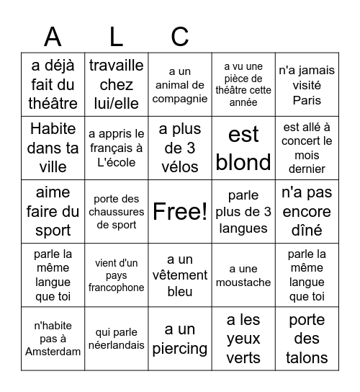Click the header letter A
[53, 36]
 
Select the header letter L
[116, 36]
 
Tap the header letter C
[179, 36]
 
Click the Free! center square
[180, 211]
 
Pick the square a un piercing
[180, 339]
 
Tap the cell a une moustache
[243, 275]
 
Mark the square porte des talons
[307, 339]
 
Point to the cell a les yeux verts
[243, 339]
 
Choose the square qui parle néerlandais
[117, 339]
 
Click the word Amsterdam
[53, 352]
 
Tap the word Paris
[307, 100]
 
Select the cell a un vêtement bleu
[180, 275]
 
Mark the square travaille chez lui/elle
[117, 84]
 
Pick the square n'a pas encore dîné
[307, 211]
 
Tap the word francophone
[117, 288]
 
